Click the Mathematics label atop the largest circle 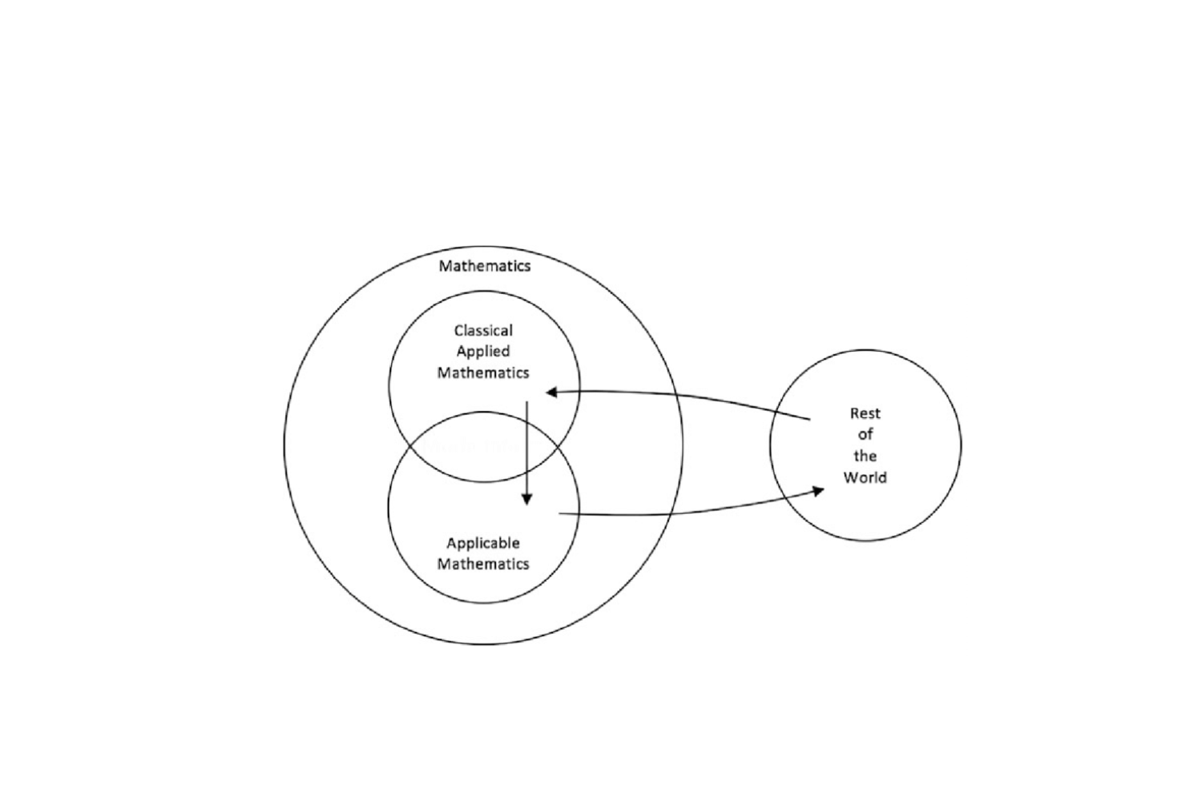[x=485, y=266]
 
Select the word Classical [x=483, y=331]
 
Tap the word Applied [x=483, y=352]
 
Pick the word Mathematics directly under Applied [x=483, y=373]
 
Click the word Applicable [x=483, y=543]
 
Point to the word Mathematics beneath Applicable [x=483, y=564]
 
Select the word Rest [x=865, y=413]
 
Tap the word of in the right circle [x=865, y=435]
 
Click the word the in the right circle [x=865, y=456]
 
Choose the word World [x=865, y=477]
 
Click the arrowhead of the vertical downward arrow [x=527, y=500]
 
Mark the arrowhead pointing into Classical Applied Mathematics [x=551, y=392]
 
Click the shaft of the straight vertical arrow [x=527, y=453]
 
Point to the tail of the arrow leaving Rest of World [x=809, y=419]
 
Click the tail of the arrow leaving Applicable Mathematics [x=559, y=513]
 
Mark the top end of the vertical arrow [x=527, y=402]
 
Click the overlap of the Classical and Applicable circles [x=484, y=447]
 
